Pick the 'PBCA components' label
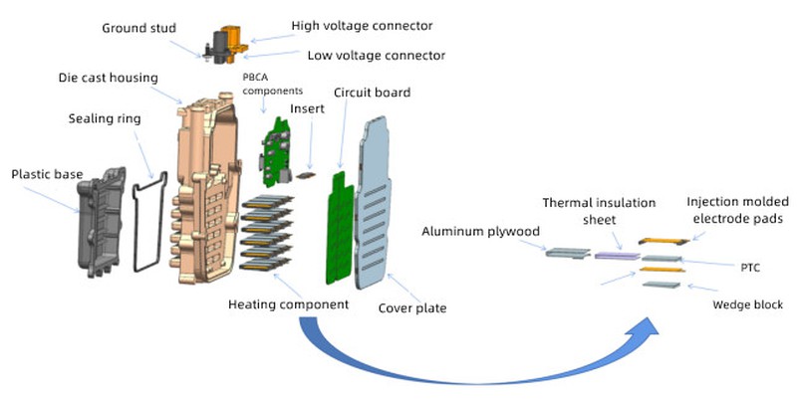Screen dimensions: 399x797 pyautogui.click(x=268, y=83)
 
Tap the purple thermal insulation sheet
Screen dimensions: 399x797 pyautogui.click(x=616, y=255)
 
